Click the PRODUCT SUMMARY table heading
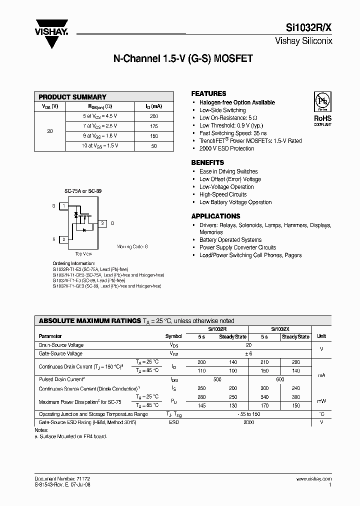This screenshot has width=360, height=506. (72, 97)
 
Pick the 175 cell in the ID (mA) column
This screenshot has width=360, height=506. (153, 126)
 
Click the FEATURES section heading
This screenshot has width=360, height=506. (208, 93)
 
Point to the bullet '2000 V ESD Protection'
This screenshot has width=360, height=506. (227, 148)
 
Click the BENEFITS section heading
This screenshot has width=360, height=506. (207, 163)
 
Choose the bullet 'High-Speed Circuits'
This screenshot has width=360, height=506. (223, 194)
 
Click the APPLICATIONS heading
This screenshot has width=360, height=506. (215, 216)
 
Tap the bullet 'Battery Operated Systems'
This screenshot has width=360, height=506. (230, 240)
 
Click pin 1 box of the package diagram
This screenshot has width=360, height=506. (63, 206)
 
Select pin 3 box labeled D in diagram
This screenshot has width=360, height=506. (102, 223)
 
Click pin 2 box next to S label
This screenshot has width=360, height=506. (63, 240)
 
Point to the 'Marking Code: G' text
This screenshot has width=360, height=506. (132, 247)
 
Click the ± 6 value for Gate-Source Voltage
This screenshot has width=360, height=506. (248, 353)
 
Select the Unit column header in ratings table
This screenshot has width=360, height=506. (321, 337)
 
